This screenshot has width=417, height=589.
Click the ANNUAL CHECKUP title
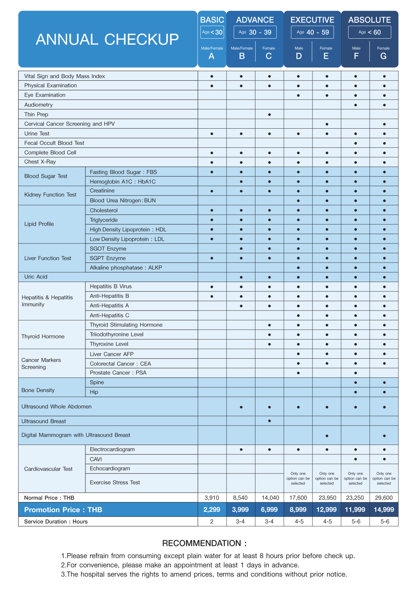[x=107, y=39]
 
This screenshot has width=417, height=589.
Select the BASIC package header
[x=212, y=20]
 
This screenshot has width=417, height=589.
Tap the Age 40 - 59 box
[x=312, y=32]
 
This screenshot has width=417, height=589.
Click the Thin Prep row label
[x=36, y=114]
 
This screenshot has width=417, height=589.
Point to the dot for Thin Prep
[x=269, y=115]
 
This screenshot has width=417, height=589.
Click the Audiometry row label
[x=38, y=105]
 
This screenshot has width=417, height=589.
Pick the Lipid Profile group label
[x=39, y=224]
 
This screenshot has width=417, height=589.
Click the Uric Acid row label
[x=36, y=277]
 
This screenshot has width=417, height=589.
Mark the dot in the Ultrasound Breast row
[x=269, y=421]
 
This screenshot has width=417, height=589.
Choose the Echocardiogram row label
[x=110, y=468]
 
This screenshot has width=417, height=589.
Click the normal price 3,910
[x=212, y=498]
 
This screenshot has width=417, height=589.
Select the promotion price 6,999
[x=269, y=509]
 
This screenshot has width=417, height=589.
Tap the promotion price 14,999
[x=384, y=509]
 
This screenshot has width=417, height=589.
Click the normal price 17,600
[x=298, y=498]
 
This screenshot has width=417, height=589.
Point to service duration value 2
[x=212, y=522]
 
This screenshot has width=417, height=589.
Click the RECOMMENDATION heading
[x=204, y=543]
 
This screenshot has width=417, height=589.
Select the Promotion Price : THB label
[x=63, y=510]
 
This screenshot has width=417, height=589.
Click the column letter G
[x=383, y=56]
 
